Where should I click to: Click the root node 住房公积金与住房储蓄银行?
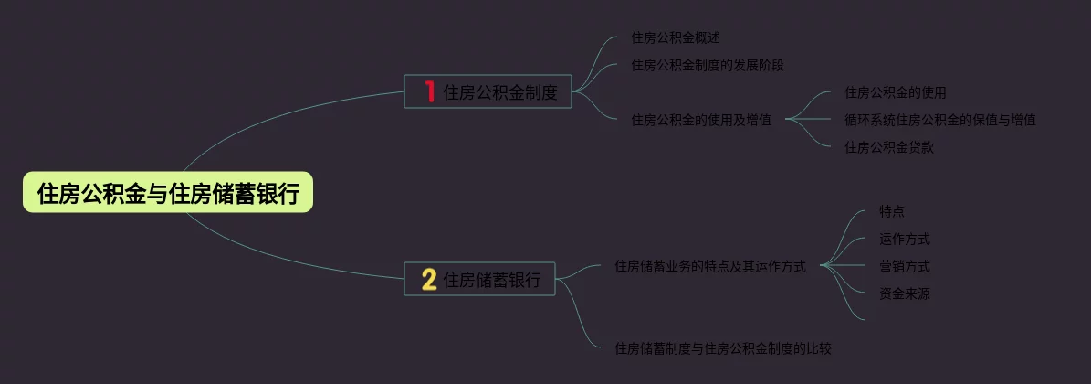click(168, 193)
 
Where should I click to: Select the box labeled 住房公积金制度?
click(488, 91)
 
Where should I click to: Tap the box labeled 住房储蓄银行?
click(479, 280)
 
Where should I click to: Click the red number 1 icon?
click(429, 91)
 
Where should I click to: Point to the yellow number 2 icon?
click(428, 280)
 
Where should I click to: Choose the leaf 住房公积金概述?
click(676, 37)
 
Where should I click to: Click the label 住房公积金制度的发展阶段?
click(708, 65)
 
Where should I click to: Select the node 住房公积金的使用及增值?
click(701, 120)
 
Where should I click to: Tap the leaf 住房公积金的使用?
click(896, 92)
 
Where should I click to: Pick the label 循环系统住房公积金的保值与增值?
click(940, 120)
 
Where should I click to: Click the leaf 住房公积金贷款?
click(889, 147)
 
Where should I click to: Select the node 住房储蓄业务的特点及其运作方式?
click(710, 266)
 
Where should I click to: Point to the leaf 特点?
click(892, 211)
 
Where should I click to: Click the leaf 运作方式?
click(905, 239)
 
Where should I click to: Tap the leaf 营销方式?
click(905, 266)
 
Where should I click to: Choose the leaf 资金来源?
click(905, 293)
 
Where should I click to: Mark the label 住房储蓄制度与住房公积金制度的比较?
click(723, 348)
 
